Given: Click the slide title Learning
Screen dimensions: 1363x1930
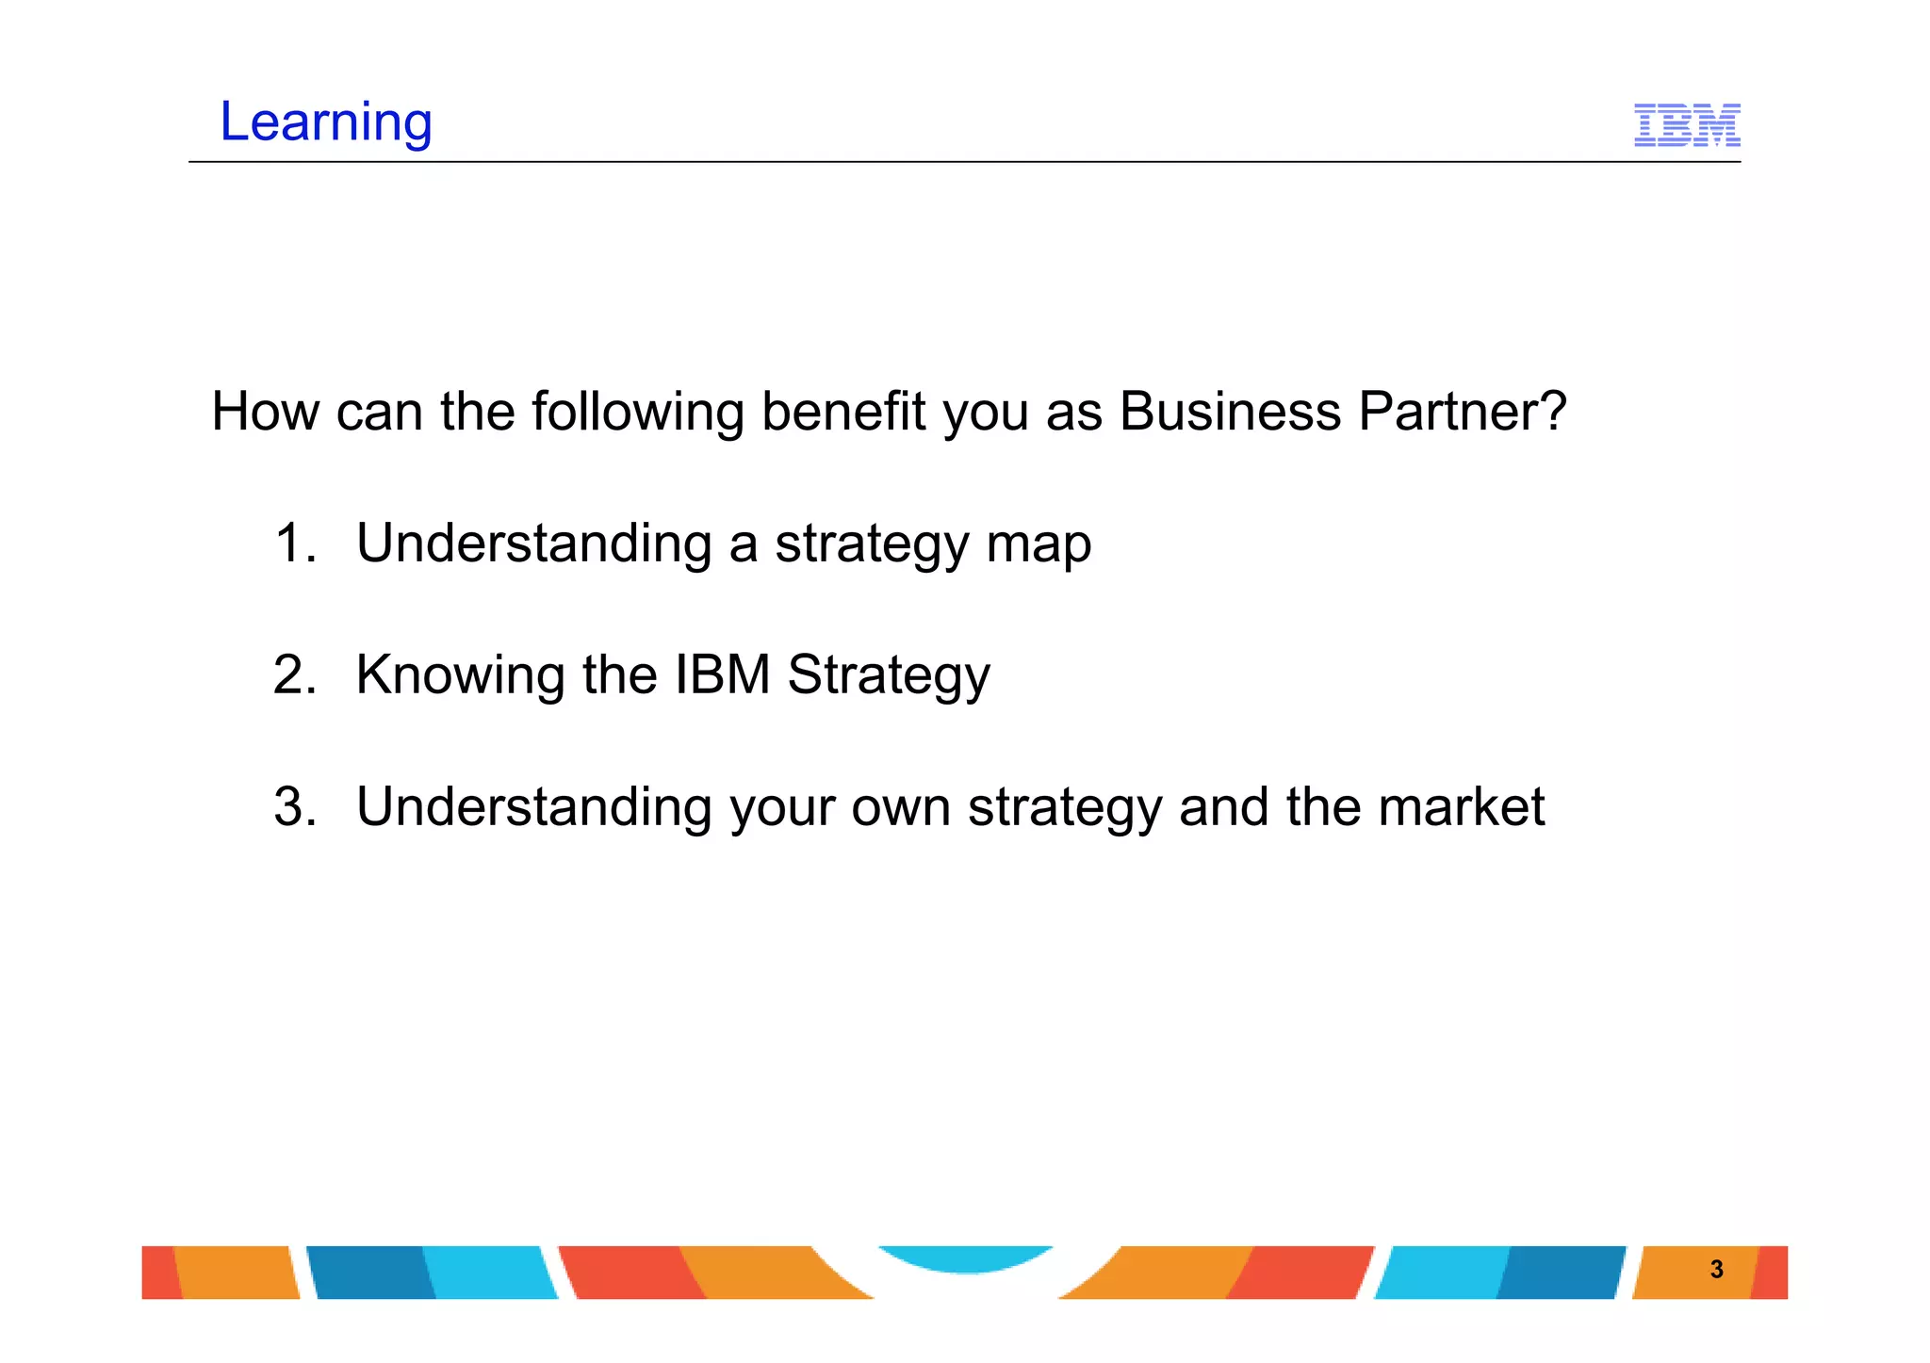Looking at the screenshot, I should click(325, 122).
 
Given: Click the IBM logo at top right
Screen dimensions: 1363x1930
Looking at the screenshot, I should click(1686, 125).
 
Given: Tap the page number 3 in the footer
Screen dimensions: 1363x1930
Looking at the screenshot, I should click(1716, 1270).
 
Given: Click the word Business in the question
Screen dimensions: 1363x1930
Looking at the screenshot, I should click(1229, 412).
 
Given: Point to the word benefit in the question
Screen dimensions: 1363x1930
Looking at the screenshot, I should click(842, 412).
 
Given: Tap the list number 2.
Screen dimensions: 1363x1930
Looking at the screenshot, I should click(294, 675).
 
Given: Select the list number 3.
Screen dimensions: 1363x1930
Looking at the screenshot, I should click(294, 807).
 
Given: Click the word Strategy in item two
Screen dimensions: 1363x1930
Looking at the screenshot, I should click(888, 676).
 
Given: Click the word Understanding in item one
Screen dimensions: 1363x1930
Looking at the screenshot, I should click(533, 544).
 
